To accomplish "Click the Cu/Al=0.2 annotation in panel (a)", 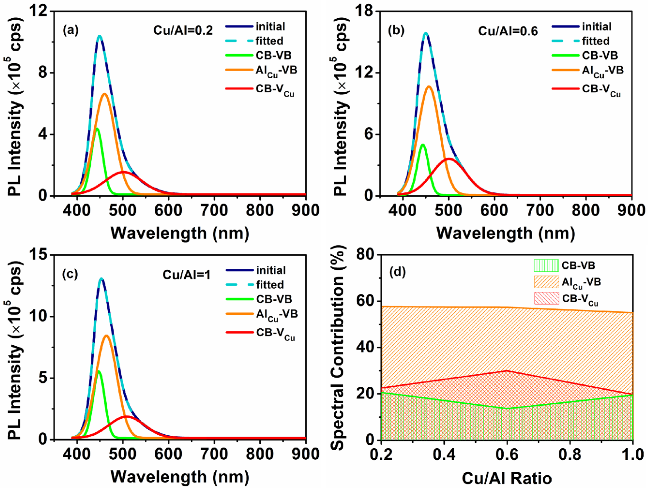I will point(183,30).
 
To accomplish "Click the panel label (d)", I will point(397,272).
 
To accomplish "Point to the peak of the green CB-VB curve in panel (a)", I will point(97,128).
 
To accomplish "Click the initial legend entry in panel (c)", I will point(270,270).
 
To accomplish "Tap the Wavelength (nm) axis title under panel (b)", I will point(506,233).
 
